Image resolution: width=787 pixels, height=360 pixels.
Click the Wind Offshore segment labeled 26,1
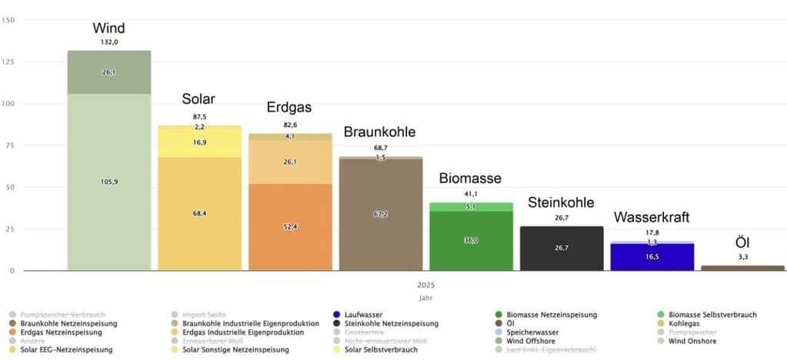click(108, 72)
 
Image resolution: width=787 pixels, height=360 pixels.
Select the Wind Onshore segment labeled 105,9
click(108, 182)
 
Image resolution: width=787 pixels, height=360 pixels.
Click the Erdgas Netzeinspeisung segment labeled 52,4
click(289, 227)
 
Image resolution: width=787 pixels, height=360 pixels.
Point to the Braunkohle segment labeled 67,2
click(380, 215)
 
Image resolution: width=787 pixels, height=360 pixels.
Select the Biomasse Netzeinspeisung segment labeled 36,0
click(470, 241)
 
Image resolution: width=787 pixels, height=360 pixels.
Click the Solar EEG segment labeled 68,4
click(199, 213)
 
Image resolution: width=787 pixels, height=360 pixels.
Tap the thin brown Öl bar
click(742, 268)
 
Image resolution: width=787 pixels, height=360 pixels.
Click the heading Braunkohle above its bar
click(379, 132)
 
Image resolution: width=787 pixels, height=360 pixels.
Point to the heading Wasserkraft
click(651, 217)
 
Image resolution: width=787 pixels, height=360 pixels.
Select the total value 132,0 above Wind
click(108, 42)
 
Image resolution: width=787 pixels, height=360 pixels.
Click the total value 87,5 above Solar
click(199, 116)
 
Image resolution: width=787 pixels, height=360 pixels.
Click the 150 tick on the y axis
click(9, 20)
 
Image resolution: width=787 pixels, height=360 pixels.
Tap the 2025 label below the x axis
click(425, 285)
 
